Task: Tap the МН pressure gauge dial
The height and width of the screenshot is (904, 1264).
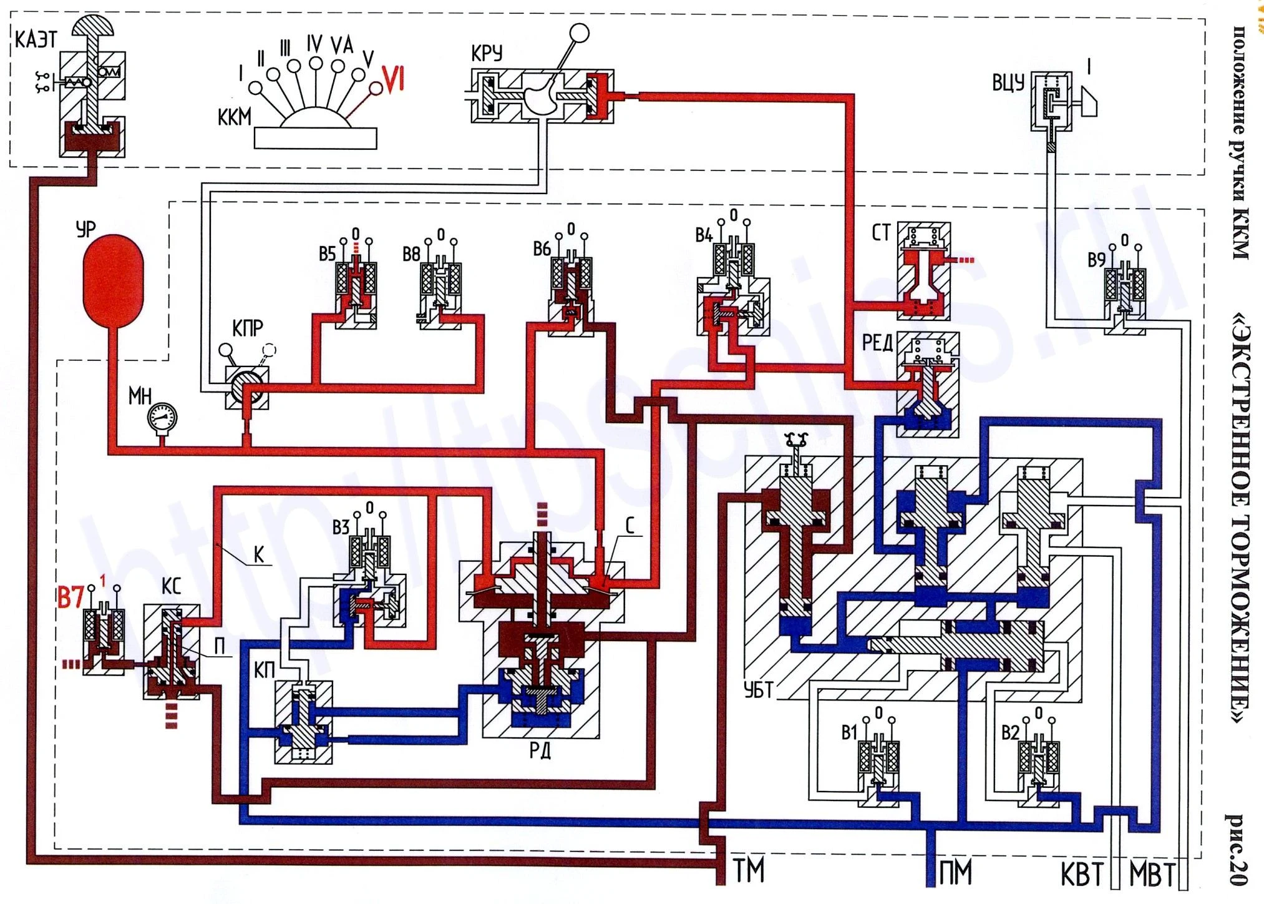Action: click(x=162, y=416)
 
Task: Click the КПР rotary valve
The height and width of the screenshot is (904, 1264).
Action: click(x=247, y=387)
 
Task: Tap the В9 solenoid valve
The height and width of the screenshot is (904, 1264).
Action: click(x=1125, y=293)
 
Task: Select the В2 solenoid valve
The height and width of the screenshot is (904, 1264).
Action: click(x=1039, y=765)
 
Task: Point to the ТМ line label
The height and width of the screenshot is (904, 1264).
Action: click(x=749, y=872)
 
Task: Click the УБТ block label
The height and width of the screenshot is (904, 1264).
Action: click(x=759, y=690)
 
